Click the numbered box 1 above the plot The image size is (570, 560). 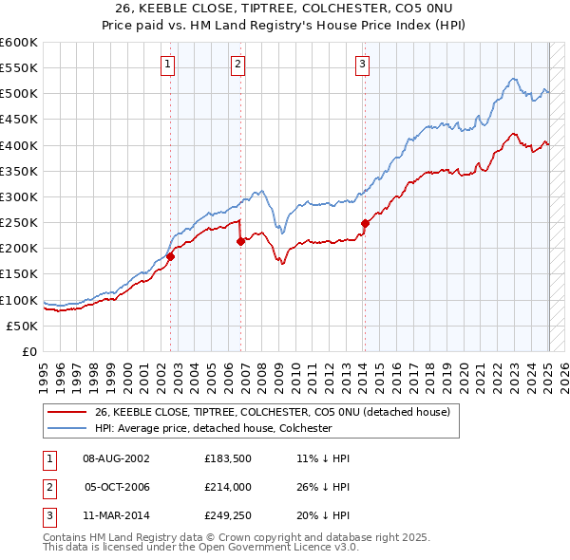tap(167, 65)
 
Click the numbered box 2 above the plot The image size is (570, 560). tap(237, 65)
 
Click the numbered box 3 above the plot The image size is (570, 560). tap(363, 65)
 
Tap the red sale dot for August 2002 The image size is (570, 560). tap(171, 256)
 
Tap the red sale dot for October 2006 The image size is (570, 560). tap(240, 241)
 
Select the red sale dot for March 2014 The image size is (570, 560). tap(365, 223)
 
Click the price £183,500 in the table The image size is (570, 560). tap(226, 458)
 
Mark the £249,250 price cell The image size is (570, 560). tap(226, 517)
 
